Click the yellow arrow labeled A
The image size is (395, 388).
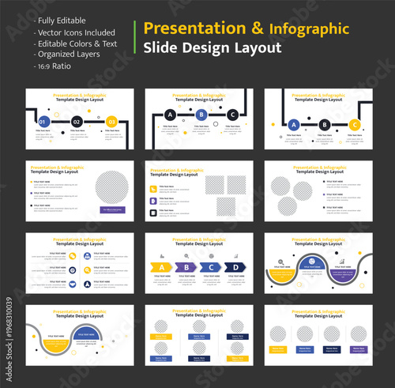(161, 266)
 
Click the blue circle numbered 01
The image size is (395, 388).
(44, 122)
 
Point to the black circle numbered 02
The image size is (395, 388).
(77, 122)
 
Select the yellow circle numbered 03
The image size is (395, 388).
(111, 122)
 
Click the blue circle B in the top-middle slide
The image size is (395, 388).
(201, 115)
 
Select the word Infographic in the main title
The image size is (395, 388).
(308, 29)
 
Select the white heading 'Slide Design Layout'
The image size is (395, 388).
(212, 47)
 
